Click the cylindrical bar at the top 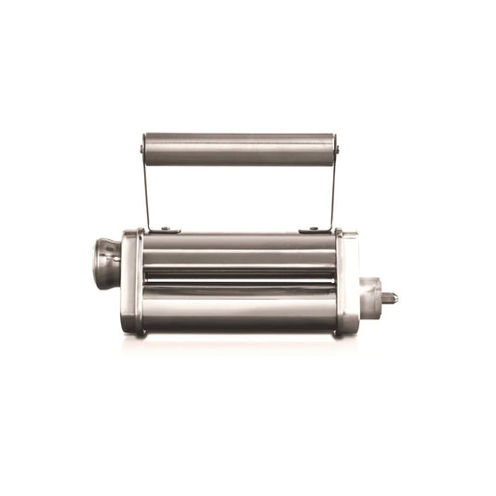(239, 149)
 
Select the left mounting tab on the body (166, 229)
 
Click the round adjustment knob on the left (106, 262)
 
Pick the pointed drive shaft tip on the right (390, 299)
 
